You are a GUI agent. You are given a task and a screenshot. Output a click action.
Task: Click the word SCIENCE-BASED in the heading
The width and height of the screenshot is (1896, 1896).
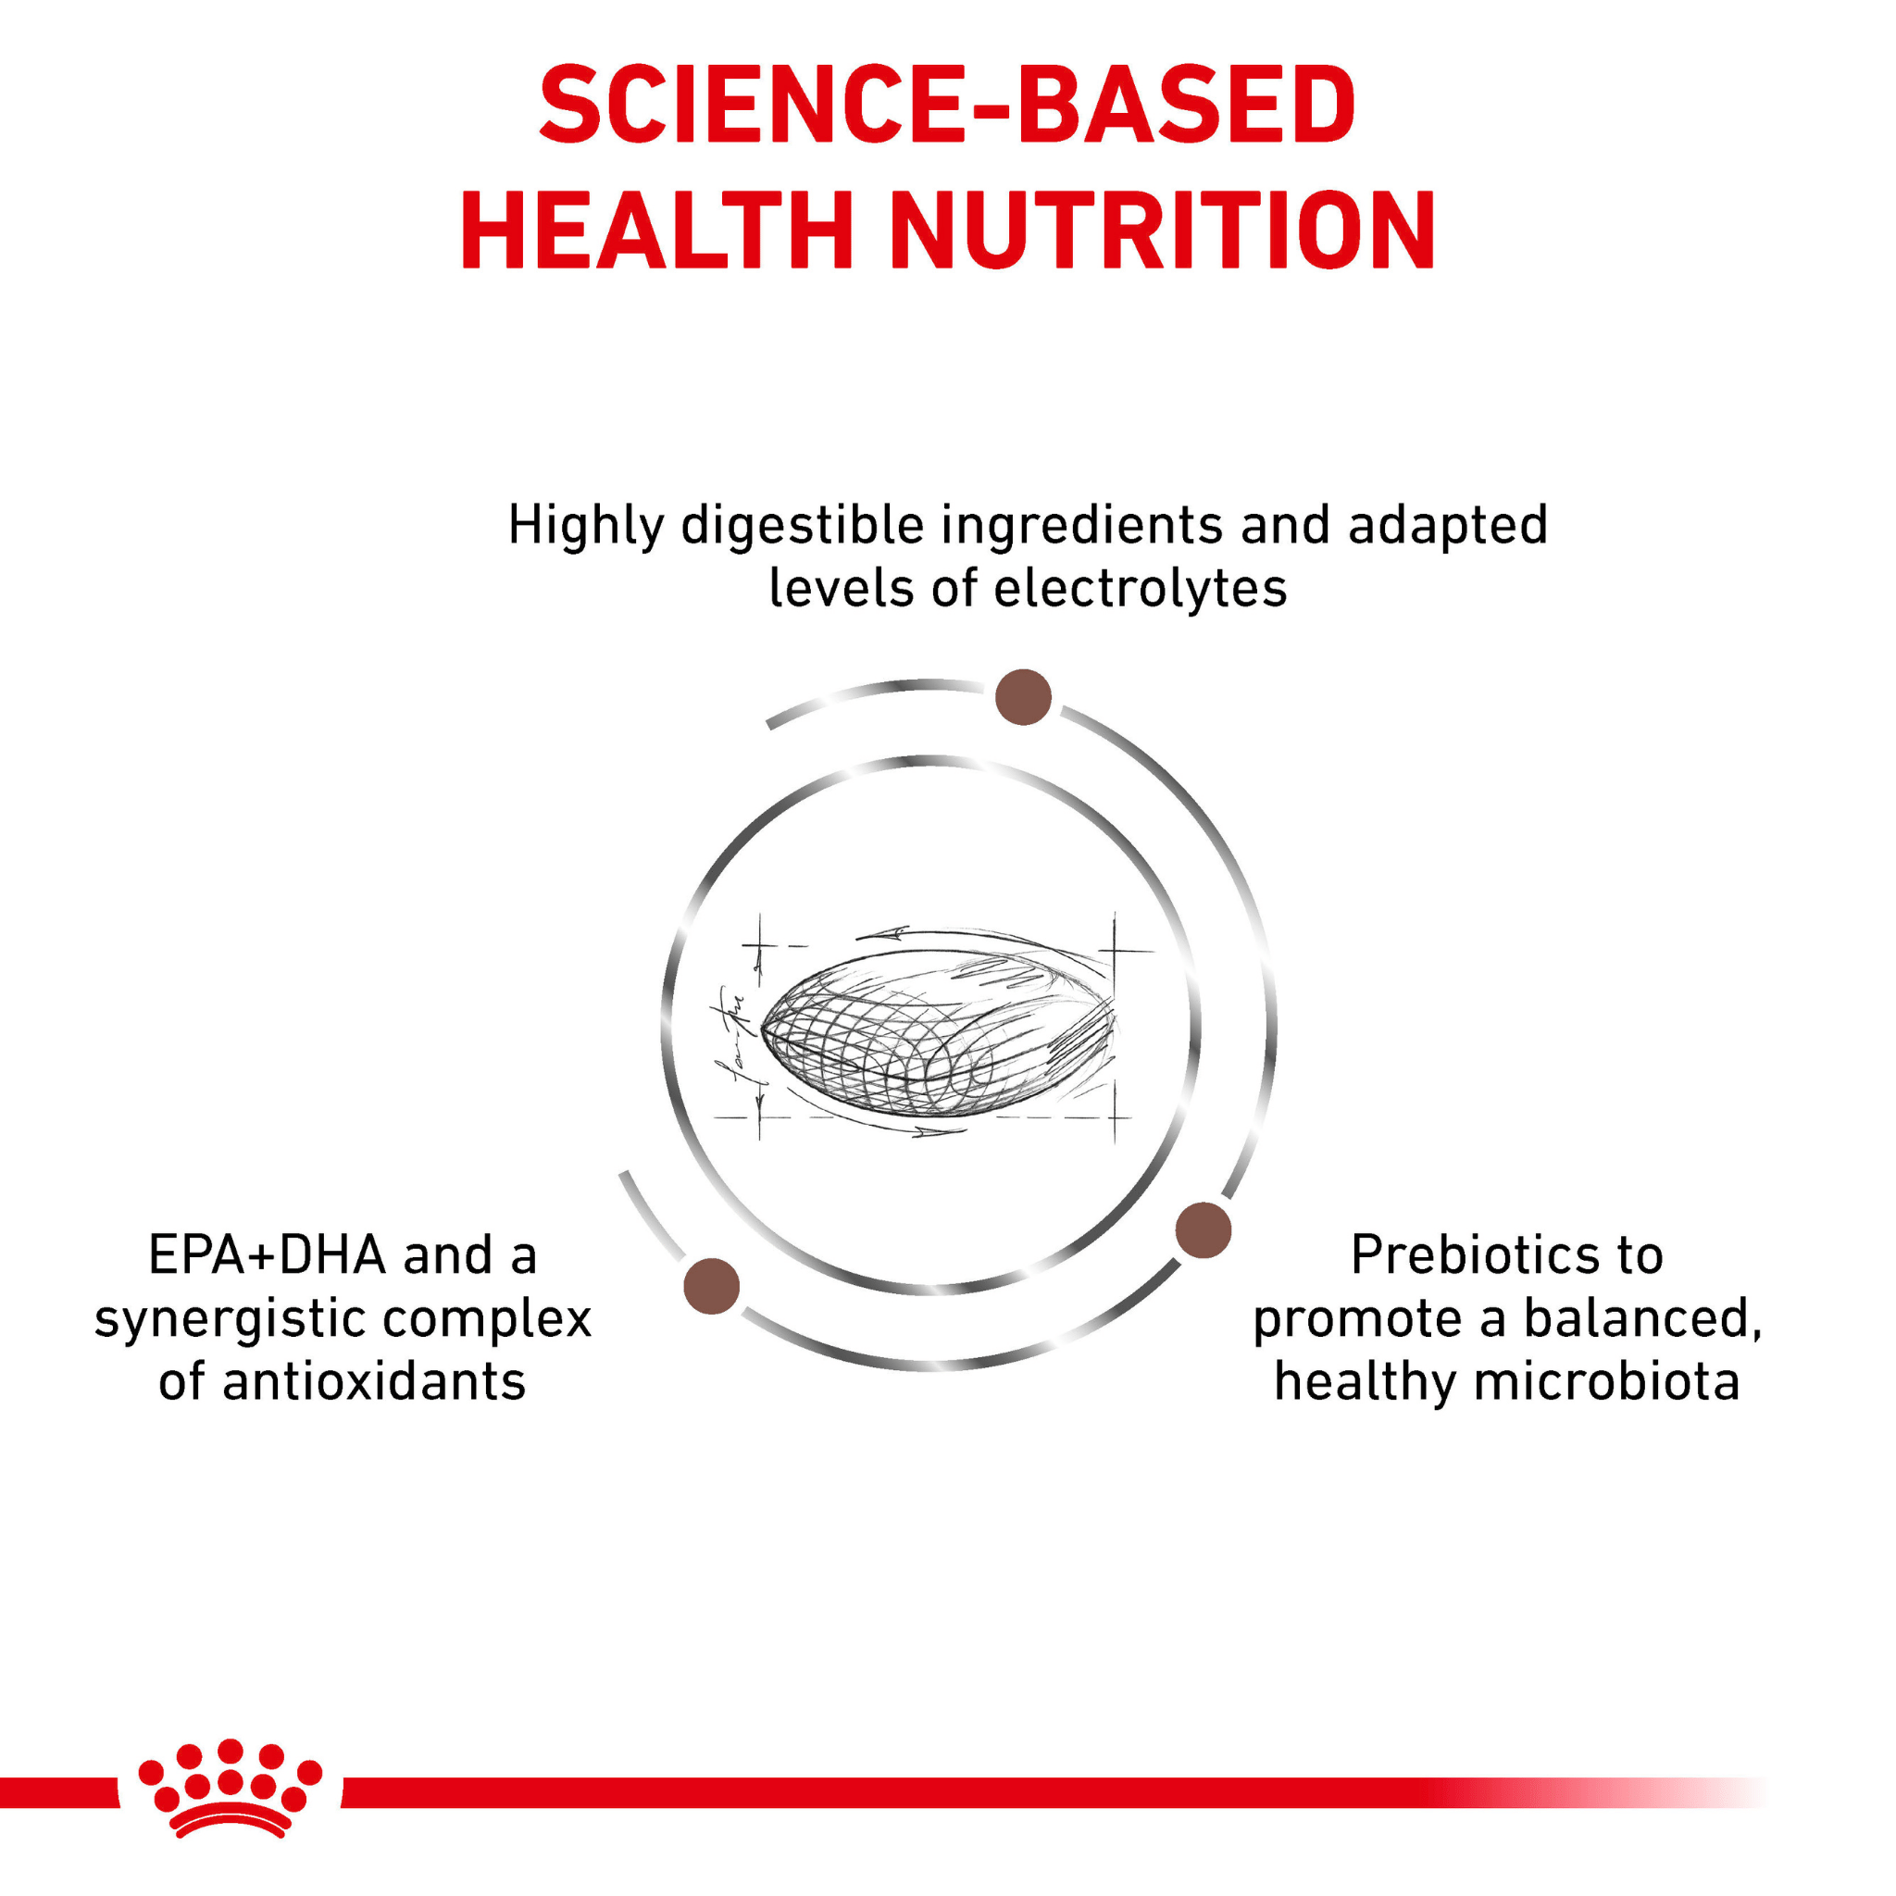947,104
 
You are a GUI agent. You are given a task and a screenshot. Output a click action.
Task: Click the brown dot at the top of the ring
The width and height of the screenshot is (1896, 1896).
1023,697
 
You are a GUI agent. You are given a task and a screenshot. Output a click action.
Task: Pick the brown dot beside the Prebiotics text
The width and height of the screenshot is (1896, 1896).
1204,1229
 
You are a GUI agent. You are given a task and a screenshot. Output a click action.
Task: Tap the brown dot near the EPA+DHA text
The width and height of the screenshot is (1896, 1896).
712,1286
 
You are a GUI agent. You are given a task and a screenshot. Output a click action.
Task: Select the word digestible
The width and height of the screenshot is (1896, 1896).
803,525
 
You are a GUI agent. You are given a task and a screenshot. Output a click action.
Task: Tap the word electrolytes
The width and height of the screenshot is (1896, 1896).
1140,590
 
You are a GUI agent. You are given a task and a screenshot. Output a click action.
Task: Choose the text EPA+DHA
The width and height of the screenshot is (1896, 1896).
267,1255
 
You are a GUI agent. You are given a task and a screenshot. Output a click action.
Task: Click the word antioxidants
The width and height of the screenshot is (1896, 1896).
374,1382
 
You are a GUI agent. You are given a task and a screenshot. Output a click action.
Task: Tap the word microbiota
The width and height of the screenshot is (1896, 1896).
1606,1382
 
